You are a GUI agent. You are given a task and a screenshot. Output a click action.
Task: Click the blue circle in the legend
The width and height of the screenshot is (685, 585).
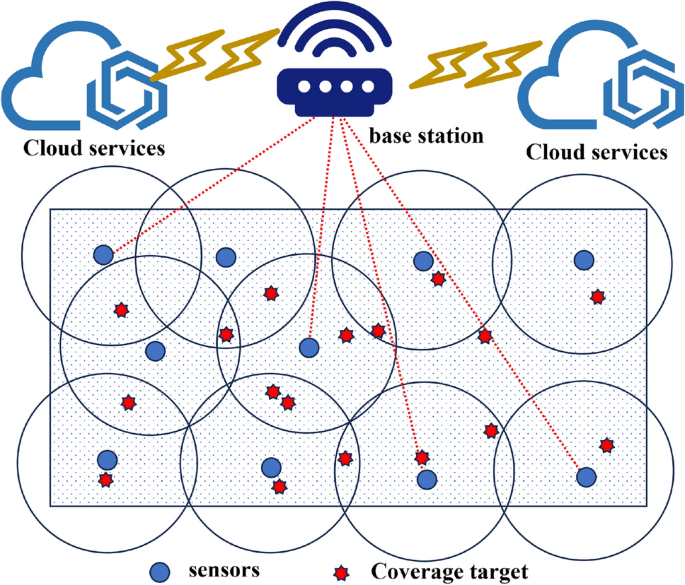click(159, 571)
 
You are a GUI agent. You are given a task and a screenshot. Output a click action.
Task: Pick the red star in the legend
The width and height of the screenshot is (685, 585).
click(343, 572)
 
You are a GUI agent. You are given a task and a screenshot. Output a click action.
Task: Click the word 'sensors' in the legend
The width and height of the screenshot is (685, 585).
click(219, 570)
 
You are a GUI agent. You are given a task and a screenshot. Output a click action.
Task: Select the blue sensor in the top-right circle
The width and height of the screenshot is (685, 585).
click(584, 260)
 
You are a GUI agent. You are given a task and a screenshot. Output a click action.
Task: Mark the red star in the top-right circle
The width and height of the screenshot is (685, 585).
click(597, 297)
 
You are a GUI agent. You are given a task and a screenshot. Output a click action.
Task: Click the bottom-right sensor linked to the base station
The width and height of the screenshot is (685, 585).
click(586, 476)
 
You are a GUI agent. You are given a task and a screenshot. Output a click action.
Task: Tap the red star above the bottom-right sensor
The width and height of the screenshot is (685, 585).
click(606, 445)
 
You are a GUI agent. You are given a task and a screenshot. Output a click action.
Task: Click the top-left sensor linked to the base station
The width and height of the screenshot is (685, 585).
click(103, 254)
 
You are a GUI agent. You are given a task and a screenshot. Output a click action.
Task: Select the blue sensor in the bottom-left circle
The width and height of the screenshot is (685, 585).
click(107, 459)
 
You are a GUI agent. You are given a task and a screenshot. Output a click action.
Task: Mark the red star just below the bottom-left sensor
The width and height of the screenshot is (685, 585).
click(105, 480)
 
